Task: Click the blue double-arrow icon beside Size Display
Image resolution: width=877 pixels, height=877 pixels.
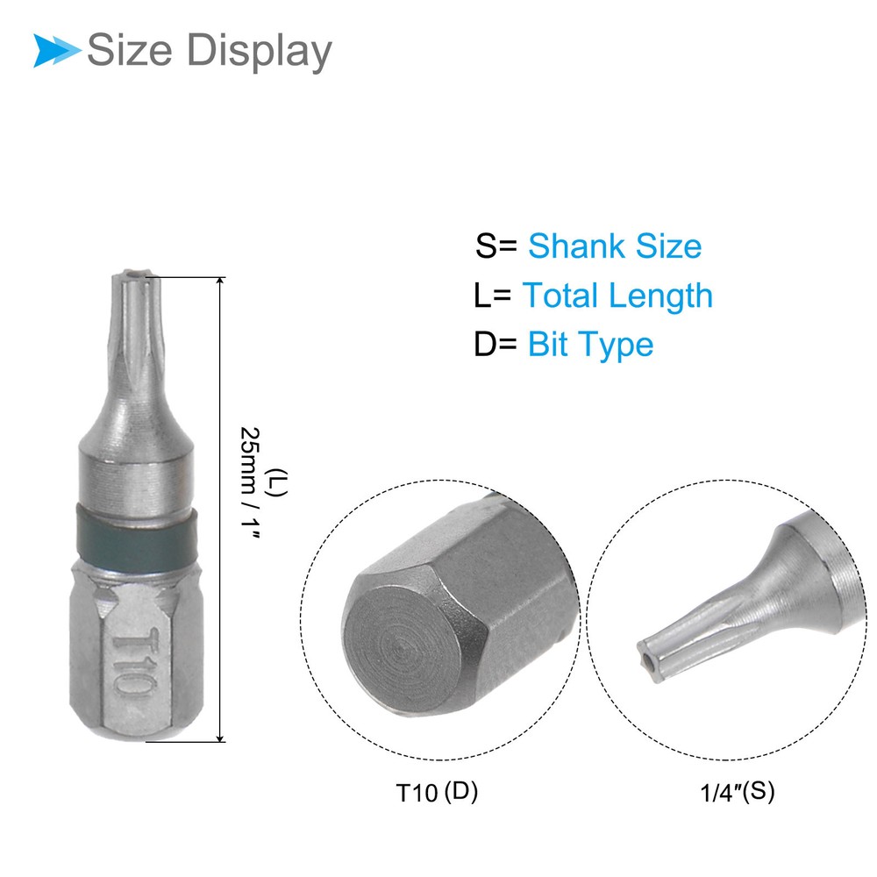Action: tap(56, 50)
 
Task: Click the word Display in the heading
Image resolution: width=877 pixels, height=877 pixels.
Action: tap(259, 52)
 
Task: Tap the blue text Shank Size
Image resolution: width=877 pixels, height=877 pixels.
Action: tap(615, 246)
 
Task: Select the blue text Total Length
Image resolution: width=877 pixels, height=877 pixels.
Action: tap(617, 296)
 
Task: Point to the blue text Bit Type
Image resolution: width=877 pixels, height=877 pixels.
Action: tap(590, 345)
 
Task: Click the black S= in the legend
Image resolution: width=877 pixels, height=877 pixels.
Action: tap(496, 246)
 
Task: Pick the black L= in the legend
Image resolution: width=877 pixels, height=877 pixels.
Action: tap(492, 296)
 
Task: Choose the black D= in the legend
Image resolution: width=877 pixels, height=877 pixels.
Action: tap(496, 344)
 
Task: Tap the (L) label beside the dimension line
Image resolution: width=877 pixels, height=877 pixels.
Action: tap(277, 482)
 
